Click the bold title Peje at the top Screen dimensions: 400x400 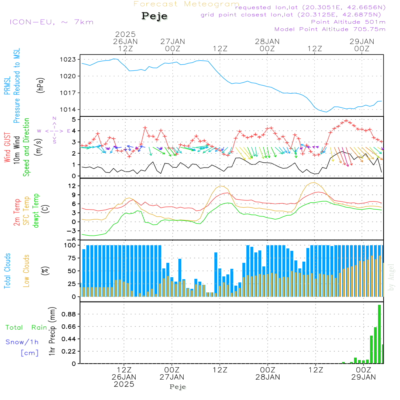click(154, 16)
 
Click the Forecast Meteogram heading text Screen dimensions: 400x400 click(186, 4)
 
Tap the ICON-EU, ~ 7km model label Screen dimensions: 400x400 click(51, 22)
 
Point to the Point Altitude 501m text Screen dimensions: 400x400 click(348, 22)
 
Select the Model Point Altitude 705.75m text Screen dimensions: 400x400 click(330, 29)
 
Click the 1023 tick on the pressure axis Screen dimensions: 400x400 click(69, 59)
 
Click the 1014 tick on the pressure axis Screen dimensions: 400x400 click(69, 110)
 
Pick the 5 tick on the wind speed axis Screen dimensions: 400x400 click(73, 120)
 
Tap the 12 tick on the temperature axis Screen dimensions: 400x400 click(72, 186)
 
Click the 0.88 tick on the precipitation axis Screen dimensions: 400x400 click(68, 314)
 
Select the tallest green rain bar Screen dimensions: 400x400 click(379, 334)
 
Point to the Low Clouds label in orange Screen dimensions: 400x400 click(26, 270)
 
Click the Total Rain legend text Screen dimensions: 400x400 click(26, 328)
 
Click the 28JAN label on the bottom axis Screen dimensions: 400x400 click(267, 377)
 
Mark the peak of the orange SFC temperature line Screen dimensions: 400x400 click(314, 182)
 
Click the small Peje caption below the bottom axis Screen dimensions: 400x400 click(178, 387)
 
